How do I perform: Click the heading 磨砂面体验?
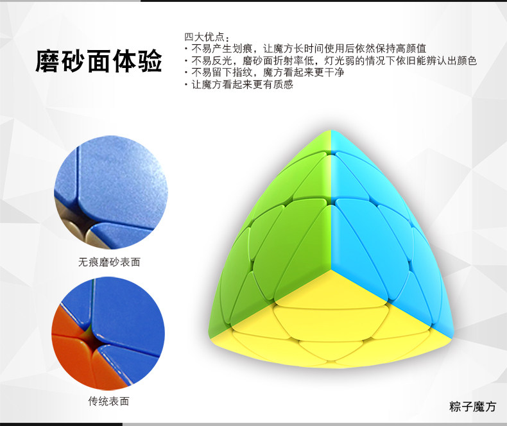(x=99, y=61)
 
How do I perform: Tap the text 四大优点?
(x=204, y=37)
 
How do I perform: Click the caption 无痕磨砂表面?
(x=109, y=262)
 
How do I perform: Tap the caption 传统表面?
(x=108, y=401)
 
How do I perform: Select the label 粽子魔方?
(x=472, y=406)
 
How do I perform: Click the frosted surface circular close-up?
(x=111, y=192)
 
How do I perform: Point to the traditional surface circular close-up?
(x=108, y=334)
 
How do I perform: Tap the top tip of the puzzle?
(x=331, y=131)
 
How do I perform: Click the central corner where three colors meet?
(x=331, y=268)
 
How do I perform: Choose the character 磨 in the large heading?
(x=47, y=61)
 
